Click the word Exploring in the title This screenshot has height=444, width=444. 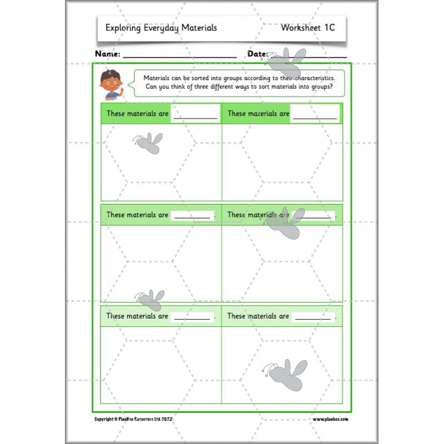123,28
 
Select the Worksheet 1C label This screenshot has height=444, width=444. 307,27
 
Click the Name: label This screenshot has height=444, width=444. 108,54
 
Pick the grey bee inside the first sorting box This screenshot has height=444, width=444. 149,143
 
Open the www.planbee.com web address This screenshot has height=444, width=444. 330,419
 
